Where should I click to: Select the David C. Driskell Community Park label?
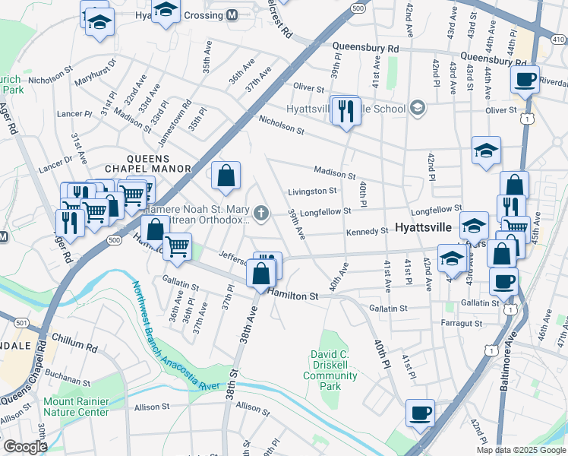[x=335, y=370]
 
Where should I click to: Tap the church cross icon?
[x=262, y=214]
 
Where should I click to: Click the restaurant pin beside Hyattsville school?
[x=346, y=111]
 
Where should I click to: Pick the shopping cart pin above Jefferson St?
[x=177, y=245]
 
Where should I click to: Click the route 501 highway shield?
[x=21, y=323]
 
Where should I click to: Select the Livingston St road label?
[x=312, y=192]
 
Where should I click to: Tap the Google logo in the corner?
[x=25, y=447]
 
